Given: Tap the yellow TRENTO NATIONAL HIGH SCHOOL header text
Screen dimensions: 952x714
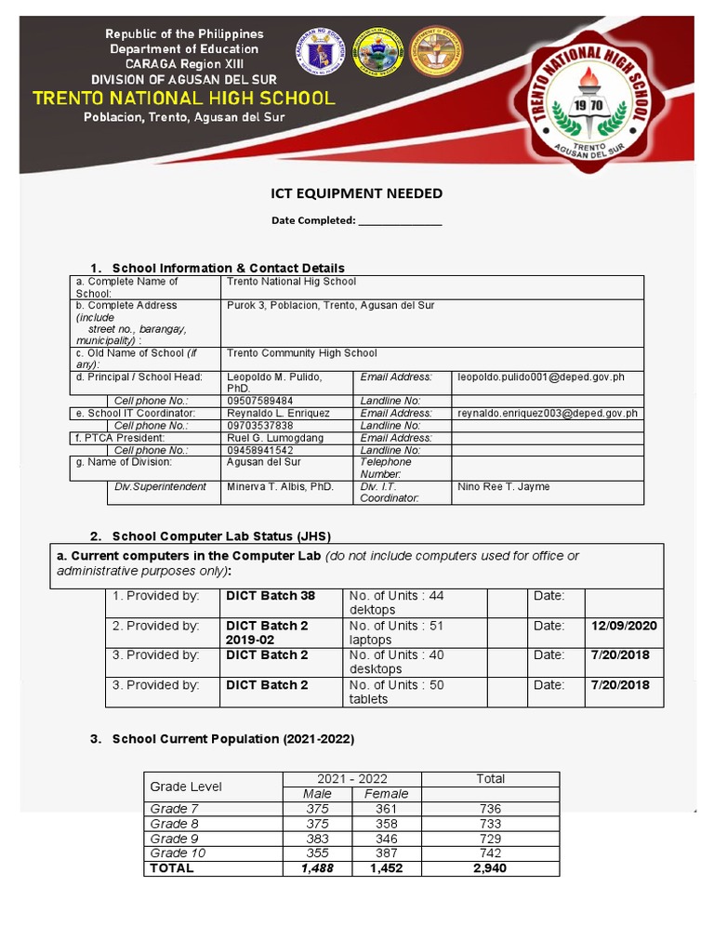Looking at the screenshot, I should pyautogui.click(x=184, y=98).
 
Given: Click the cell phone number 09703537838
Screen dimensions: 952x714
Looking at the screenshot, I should pyautogui.click(x=259, y=425).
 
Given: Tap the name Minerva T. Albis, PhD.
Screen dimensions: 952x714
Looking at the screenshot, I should pyautogui.click(x=280, y=486).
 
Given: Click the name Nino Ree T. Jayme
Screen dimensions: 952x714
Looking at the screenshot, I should pyautogui.click(x=503, y=486).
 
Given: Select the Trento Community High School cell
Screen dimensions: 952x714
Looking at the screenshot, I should pyautogui.click(x=302, y=353).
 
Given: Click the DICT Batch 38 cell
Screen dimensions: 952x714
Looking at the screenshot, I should pyautogui.click(x=271, y=596).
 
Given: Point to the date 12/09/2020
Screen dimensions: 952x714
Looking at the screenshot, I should pyautogui.click(x=624, y=626).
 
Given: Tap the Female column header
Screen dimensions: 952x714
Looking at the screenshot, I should pyautogui.click(x=386, y=794).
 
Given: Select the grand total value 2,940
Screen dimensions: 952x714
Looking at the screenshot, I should pyautogui.click(x=490, y=868).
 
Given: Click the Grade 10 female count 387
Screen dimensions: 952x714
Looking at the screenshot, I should pyautogui.click(x=386, y=853).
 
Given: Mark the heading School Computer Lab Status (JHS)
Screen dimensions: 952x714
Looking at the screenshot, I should pyautogui.click(x=221, y=536).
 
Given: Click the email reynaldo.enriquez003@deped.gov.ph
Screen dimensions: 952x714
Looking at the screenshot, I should pyautogui.click(x=547, y=413).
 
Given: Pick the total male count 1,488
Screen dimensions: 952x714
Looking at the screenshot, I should pyautogui.click(x=317, y=868).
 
